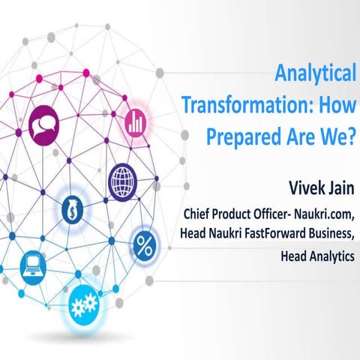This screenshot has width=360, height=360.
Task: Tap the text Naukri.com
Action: click(x=323, y=214)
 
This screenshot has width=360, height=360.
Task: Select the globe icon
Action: click(x=122, y=180)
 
